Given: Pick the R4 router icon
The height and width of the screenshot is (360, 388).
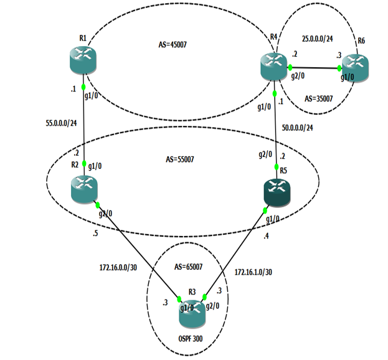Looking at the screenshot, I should [x=275, y=64].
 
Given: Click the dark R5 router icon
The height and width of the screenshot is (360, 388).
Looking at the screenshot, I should [x=277, y=193].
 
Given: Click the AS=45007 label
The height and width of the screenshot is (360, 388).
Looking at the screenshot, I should [x=174, y=45].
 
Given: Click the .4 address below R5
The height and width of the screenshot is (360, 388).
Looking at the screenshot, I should [x=266, y=236].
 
